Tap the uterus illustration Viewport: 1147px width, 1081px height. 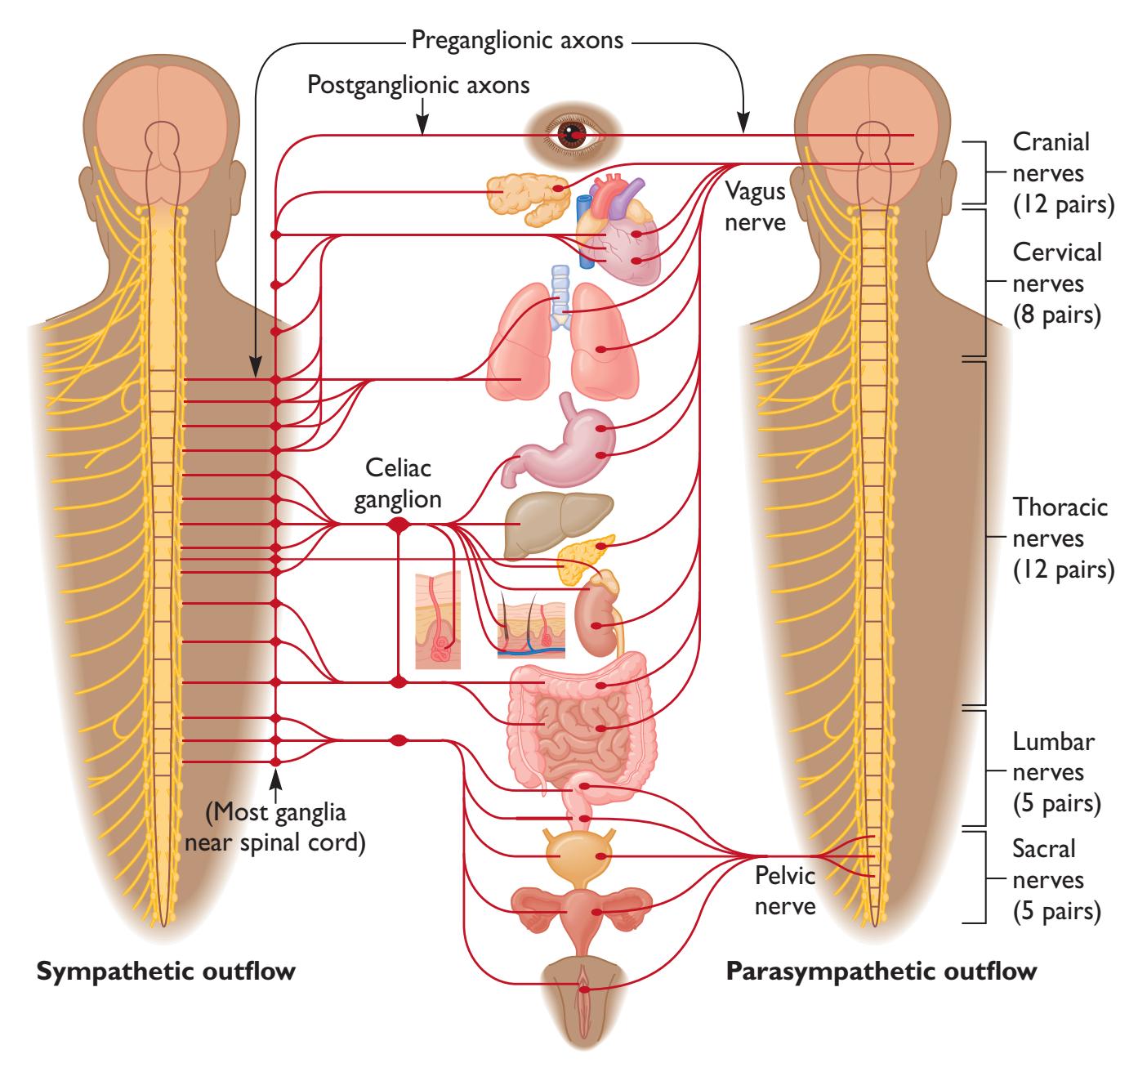[x=581, y=912]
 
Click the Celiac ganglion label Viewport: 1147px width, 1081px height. [x=398, y=483]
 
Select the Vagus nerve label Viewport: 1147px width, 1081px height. [x=755, y=206]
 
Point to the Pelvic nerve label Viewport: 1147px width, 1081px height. [x=785, y=891]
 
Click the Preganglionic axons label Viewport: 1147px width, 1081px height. [x=518, y=39]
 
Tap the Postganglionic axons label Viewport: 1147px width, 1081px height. [x=418, y=84]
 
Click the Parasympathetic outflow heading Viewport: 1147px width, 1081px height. [x=881, y=972]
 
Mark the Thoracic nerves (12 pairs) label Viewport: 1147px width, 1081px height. [x=1063, y=538]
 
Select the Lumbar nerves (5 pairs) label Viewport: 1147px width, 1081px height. [x=1056, y=773]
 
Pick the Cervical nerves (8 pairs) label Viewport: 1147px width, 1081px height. [x=1057, y=284]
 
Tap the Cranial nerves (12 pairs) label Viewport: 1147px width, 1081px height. [x=1063, y=173]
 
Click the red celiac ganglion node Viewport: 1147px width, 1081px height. [x=399, y=525]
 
